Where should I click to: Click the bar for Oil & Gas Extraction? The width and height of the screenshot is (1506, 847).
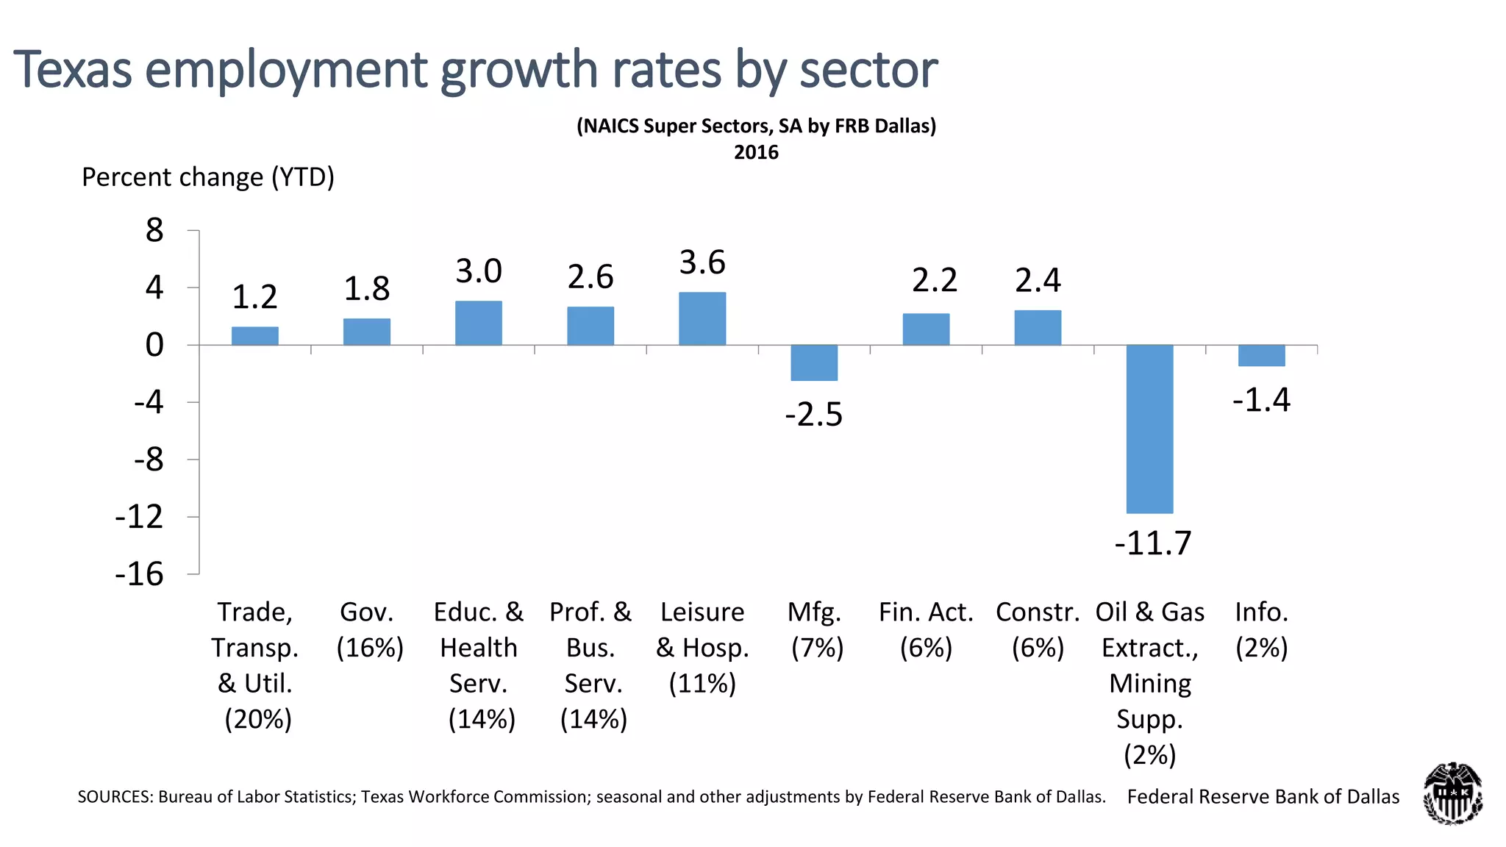pyautogui.click(x=1149, y=429)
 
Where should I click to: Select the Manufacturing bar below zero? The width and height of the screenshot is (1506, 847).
pyautogui.click(x=814, y=362)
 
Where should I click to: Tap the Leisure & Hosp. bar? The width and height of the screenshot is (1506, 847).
pyautogui.click(x=702, y=318)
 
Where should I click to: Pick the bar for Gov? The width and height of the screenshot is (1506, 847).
pyautogui.click(x=367, y=332)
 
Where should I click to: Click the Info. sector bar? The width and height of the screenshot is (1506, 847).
pyautogui.click(x=1261, y=355)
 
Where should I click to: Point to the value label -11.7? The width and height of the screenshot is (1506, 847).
pyautogui.click(x=1152, y=544)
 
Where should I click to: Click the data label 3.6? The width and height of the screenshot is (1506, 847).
pyautogui.click(x=702, y=262)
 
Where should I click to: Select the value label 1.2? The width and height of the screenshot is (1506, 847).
pyautogui.click(x=254, y=297)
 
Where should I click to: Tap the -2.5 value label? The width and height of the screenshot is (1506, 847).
pyautogui.click(x=814, y=415)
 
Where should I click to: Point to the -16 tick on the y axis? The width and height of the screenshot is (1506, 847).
pyautogui.click(x=139, y=574)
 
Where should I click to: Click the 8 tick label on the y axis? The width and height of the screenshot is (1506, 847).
pyautogui.click(x=154, y=231)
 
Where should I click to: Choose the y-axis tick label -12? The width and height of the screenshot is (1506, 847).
pyautogui.click(x=139, y=517)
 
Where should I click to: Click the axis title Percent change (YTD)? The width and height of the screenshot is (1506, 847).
pyautogui.click(x=208, y=177)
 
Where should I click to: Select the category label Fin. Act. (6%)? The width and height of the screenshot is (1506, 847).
pyautogui.click(x=926, y=629)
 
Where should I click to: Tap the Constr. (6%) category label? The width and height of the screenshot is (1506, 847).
pyautogui.click(x=1038, y=629)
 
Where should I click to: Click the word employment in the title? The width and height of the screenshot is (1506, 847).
pyautogui.click(x=287, y=70)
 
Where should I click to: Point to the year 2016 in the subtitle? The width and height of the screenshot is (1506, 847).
pyautogui.click(x=756, y=152)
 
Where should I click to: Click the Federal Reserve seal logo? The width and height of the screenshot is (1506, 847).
pyautogui.click(x=1452, y=794)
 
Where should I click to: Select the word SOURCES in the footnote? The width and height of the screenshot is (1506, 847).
pyautogui.click(x=114, y=797)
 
